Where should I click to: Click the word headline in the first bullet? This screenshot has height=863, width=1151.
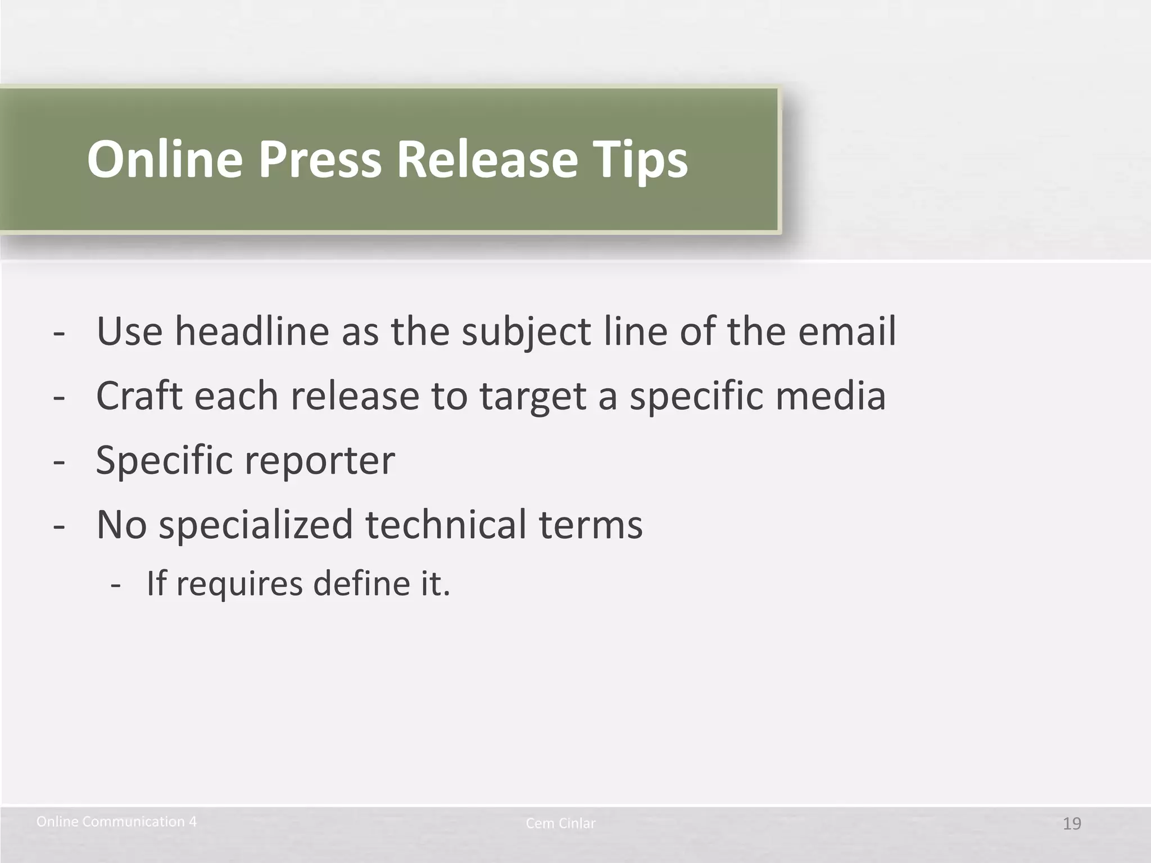(x=252, y=331)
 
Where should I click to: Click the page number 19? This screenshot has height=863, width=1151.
(x=1072, y=824)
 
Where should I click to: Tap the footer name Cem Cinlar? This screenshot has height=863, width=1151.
(x=560, y=824)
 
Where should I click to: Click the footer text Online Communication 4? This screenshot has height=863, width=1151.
(x=116, y=822)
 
